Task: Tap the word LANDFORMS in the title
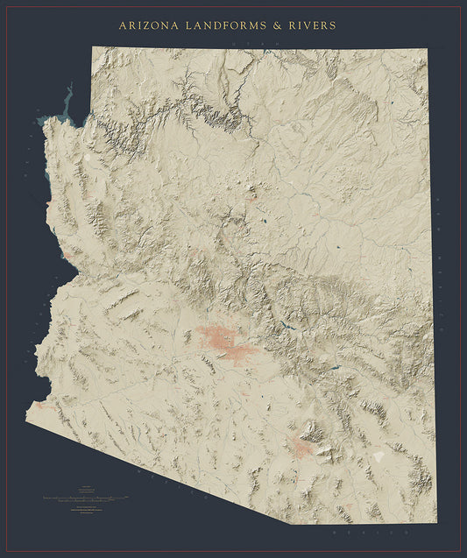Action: pos(223,26)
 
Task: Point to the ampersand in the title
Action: pos(277,26)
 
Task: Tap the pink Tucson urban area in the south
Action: pos(303,449)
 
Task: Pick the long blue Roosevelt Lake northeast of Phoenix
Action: pos(287,330)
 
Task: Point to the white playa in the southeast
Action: pos(378,456)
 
